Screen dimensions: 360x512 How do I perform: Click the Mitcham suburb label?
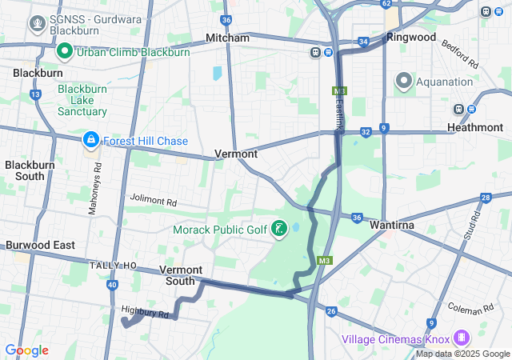[227, 38]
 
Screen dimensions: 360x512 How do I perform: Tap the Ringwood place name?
[411, 37]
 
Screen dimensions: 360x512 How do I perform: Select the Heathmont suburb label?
[475, 127]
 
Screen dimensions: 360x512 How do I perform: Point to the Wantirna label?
[391, 226]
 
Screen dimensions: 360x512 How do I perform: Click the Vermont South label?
[181, 275]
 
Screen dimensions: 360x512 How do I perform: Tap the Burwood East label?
[41, 245]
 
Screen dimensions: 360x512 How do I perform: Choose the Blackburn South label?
[25, 170]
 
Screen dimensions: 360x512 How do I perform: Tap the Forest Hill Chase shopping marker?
[90, 141]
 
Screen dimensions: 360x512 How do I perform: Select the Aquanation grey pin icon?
[403, 81]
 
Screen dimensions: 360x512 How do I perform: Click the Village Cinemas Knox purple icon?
[461, 338]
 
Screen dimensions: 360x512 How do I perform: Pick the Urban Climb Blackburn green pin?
[66, 52]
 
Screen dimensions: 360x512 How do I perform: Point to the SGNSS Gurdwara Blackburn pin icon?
[37, 23]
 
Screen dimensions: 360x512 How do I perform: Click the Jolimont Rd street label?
[152, 199]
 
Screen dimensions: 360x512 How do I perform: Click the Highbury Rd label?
[146, 312]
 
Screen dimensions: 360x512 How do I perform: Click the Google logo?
[26, 350]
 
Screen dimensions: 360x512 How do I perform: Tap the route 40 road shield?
[112, 285]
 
